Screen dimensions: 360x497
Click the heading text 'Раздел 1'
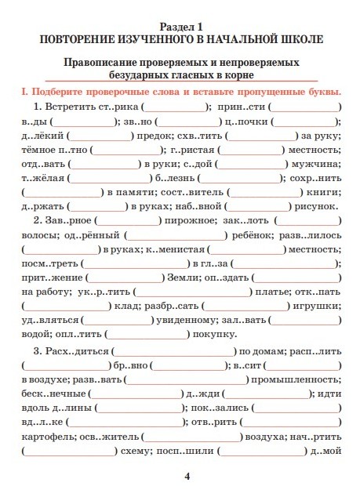point(180,25)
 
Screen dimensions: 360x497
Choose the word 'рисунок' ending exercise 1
point(318,206)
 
